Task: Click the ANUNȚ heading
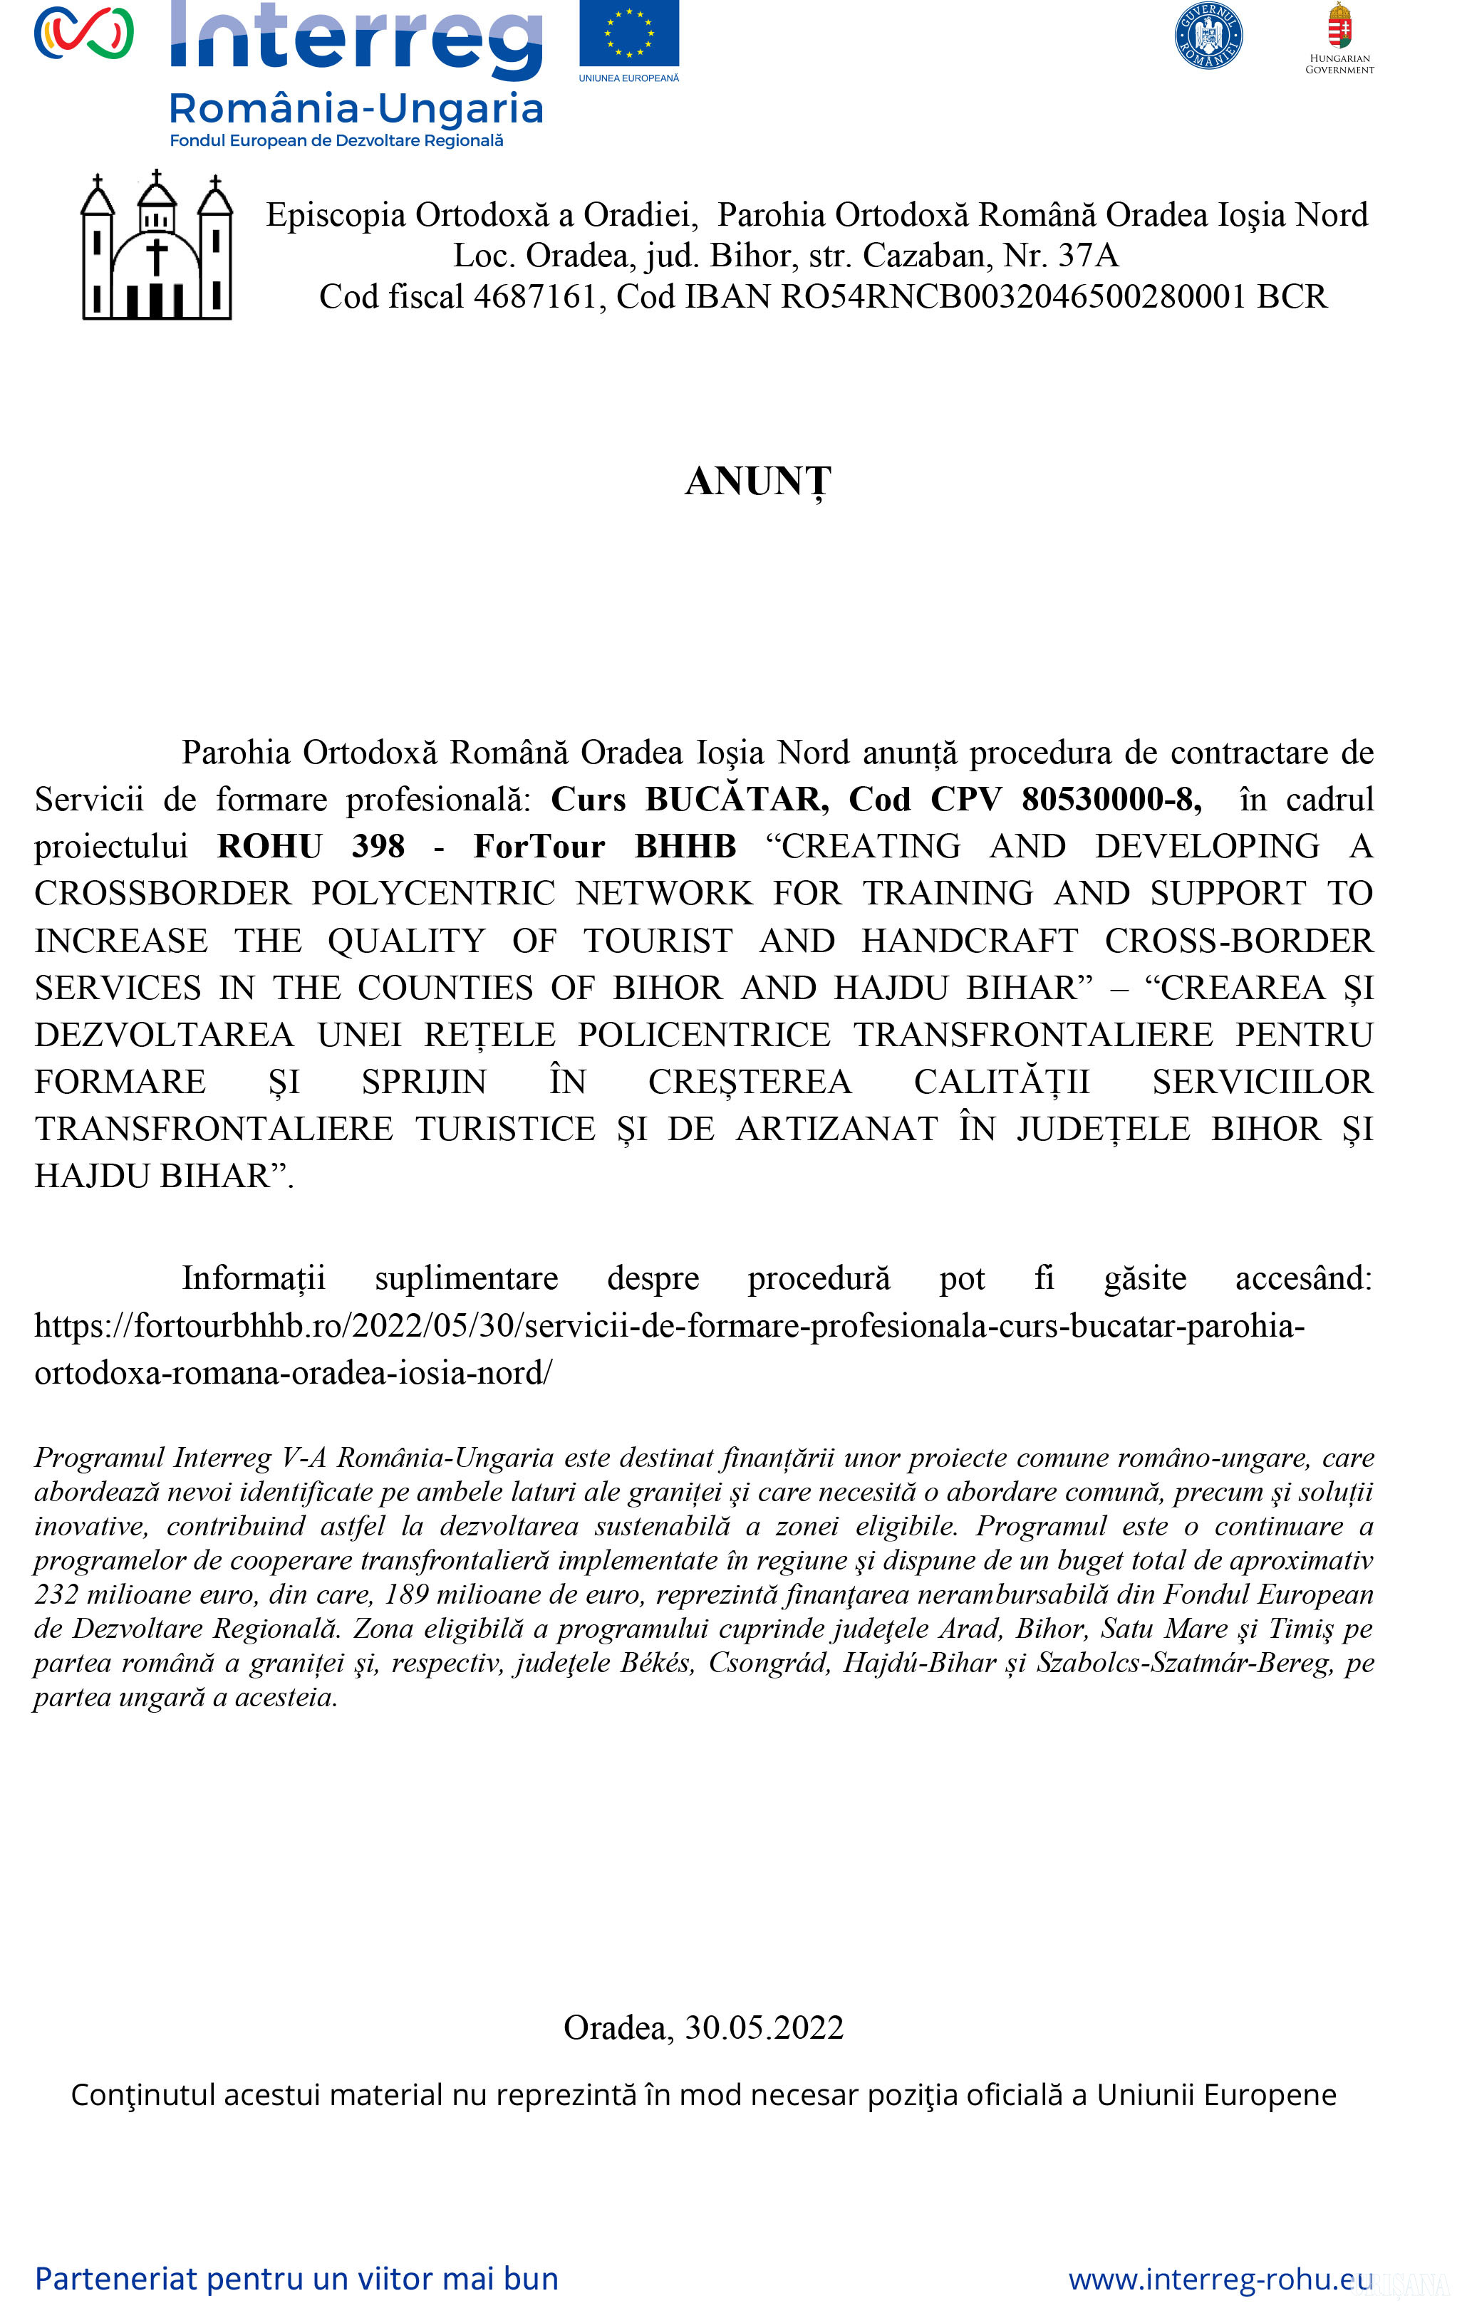click(x=757, y=482)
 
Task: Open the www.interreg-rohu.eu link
click(x=1220, y=2280)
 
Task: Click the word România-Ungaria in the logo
click(x=356, y=109)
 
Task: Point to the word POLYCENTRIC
click(x=433, y=893)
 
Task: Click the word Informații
click(x=254, y=1278)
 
